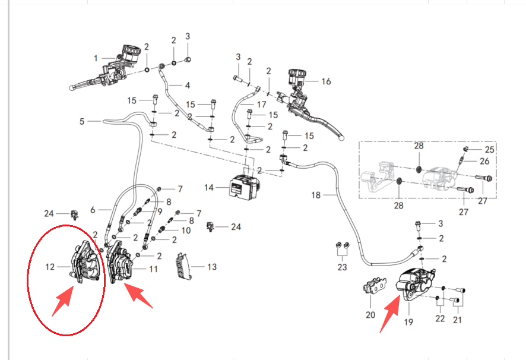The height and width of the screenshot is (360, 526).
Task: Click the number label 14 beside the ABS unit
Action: click(208, 188)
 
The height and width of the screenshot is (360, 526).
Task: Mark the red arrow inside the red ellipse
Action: click(61, 302)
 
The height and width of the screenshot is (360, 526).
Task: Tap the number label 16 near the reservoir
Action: click(326, 81)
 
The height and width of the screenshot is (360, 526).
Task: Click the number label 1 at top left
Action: click(95, 58)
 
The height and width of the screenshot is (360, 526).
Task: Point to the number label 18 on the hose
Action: click(315, 195)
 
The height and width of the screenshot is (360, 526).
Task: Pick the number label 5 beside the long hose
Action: click(82, 122)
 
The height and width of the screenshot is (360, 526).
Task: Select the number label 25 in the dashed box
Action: click(489, 149)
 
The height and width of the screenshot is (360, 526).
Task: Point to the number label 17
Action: click(261, 105)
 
